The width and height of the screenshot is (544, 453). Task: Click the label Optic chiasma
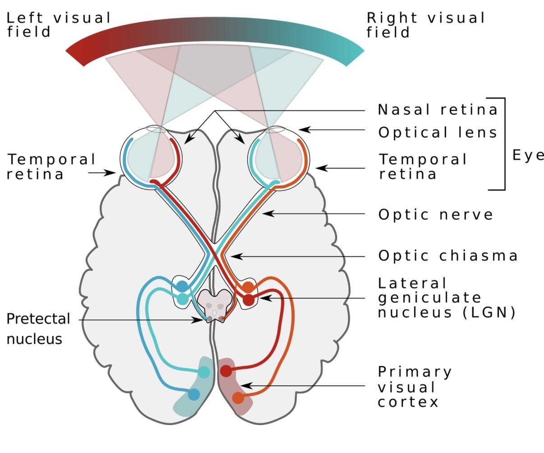click(x=448, y=256)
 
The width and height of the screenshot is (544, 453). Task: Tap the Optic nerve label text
click(x=435, y=215)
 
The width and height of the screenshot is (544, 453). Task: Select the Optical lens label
click(x=438, y=132)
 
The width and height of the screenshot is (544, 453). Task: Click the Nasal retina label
click(x=438, y=110)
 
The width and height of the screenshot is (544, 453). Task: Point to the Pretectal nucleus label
click(x=38, y=328)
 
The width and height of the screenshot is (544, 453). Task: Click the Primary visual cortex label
click(x=415, y=387)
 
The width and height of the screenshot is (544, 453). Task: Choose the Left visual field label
click(x=58, y=25)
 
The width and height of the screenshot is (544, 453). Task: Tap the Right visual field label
click(x=425, y=25)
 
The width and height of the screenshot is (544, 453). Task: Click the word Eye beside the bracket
click(x=528, y=156)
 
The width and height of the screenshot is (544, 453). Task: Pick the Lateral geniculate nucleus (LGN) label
click(x=447, y=298)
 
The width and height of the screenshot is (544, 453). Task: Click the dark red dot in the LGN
click(x=249, y=300)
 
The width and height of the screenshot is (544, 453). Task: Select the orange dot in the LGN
click(x=248, y=287)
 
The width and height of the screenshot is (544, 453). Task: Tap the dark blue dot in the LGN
click(x=182, y=286)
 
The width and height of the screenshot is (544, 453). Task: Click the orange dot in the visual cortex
click(x=238, y=398)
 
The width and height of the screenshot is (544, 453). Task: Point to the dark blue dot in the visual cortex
click(x=194, y=394)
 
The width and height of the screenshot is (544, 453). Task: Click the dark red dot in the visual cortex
click(x=226, y=371)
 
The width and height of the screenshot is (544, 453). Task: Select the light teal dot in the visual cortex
click(x=204, y=372)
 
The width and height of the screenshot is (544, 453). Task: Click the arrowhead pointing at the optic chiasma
click(x=236, y=256)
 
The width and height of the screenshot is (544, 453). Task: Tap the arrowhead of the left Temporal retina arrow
click(x=110, y=172)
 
